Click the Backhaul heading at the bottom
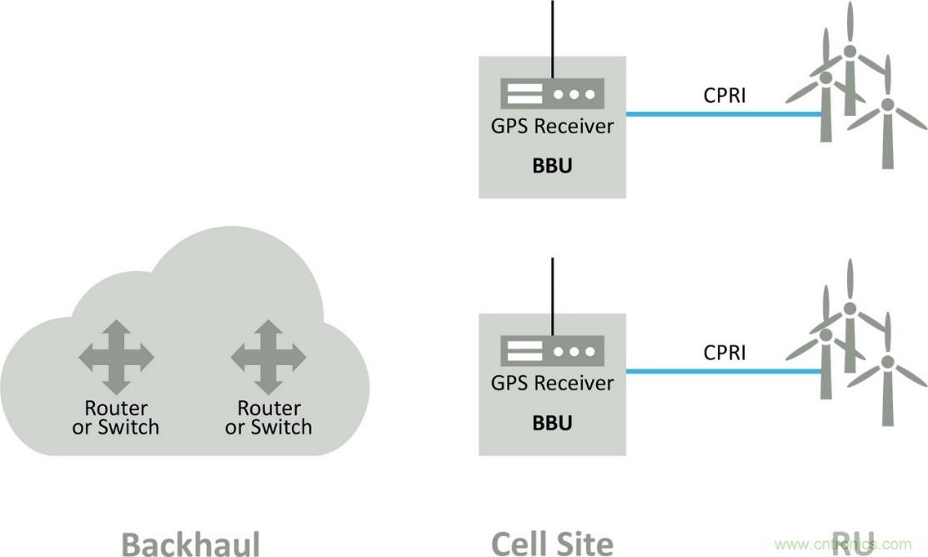(191, 543)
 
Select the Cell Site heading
(552, 543)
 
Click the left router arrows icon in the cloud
(116, 358)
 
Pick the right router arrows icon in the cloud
(268, 358)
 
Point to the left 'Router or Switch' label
(116, 418)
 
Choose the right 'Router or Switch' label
(268, 418)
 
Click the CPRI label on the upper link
(725, 95)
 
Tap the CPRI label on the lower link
(725, 353)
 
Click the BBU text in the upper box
(552, 165)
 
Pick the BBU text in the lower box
(552, 423)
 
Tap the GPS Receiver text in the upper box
(552, 127)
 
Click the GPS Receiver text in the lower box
(552, 384)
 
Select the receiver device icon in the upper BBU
(552, 93)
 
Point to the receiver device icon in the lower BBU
(552, 350)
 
